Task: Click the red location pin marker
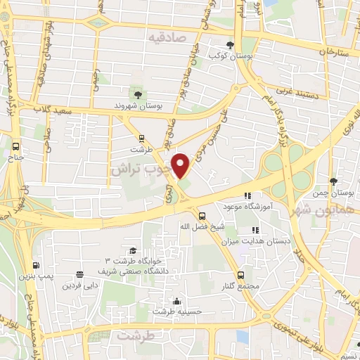tap(181, 165)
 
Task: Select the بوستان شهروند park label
tap(139, 105)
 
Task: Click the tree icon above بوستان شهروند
tap(136, 94)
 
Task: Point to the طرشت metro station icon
tap(141, 138)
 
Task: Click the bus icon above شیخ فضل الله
tap(202, 216)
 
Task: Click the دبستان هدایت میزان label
tap(267, 240)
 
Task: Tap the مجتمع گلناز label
tap(241, 286)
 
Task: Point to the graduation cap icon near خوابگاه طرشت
tap(132, 251)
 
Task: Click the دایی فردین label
tap(78, 285)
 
